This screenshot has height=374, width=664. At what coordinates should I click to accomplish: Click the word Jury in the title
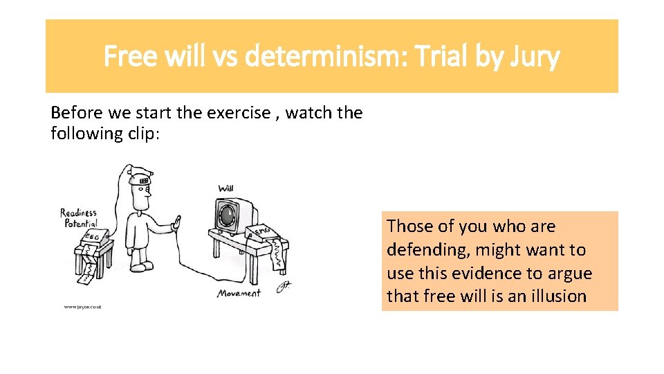click(536, 57)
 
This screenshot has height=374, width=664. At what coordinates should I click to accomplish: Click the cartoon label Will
click(225, 188)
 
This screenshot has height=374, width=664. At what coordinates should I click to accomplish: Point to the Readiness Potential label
click(79, 218)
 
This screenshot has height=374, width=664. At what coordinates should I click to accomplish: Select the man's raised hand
click(176, 225)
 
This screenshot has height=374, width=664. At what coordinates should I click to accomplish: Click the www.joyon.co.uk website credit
click(82, 306)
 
